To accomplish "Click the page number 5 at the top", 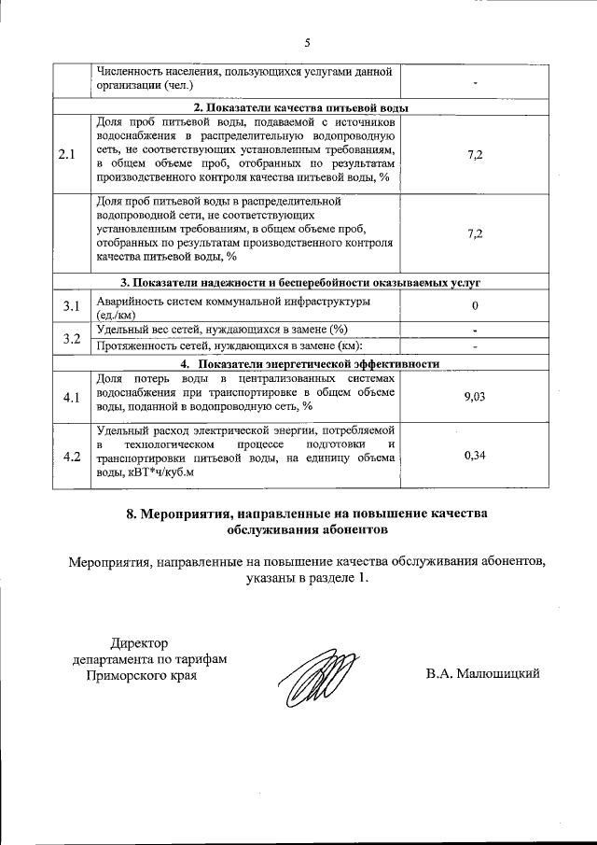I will tap(306, 42).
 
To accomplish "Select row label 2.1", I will tap(66, 154).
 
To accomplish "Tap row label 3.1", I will tap(72, 306).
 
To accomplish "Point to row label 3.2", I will tap(72, 337).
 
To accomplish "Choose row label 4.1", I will tap(72, 397).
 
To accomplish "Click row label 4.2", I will tap(72, 457).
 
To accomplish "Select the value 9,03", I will tap(475, 397).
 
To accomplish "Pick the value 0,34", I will tap(475, 456).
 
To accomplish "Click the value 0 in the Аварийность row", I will tap(475, 306).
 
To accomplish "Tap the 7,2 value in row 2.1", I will tap(475, 154).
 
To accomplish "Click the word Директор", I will tap(140, 642).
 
